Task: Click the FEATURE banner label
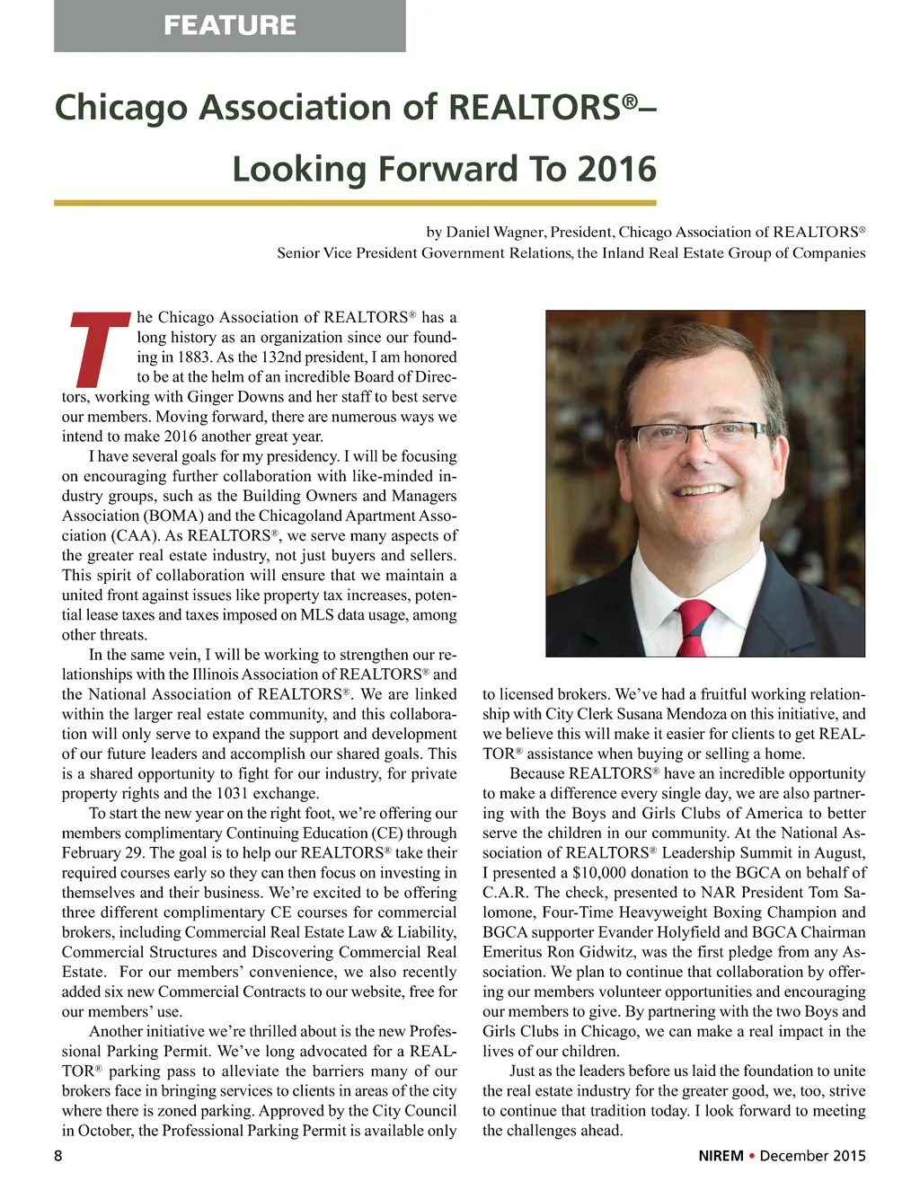click(229, 24)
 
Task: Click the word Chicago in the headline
click(120, 107)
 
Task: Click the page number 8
click(58, 1156)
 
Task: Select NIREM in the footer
click(721, 1156)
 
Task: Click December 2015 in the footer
click(812, 1156)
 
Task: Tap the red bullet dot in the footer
click(751, 1156)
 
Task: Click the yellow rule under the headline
click(355, 203)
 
